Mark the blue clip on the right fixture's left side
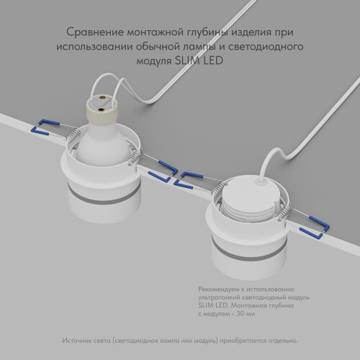point(195,176)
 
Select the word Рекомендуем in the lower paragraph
point(219,289)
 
